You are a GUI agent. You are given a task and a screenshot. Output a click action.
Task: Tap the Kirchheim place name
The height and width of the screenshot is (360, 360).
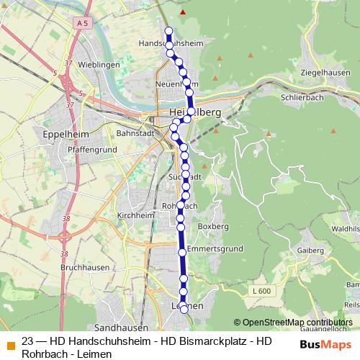pos(135,215)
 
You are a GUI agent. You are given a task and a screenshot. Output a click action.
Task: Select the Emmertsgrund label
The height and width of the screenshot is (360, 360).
pos(211,249)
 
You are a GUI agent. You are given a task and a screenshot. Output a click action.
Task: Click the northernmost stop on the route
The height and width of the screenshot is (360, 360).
pos(169,30)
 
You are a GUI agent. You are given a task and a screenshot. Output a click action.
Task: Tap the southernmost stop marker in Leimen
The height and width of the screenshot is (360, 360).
pos(184,309)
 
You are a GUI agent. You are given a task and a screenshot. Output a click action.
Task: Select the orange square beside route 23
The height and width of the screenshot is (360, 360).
pos(10,343)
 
